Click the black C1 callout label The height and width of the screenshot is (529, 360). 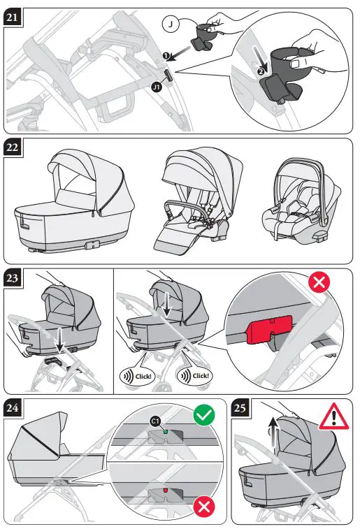(x=154, y=420)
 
